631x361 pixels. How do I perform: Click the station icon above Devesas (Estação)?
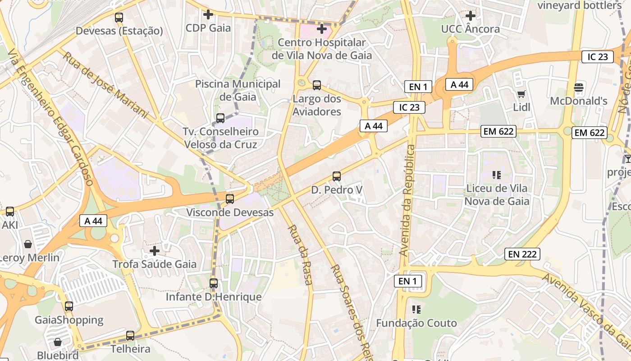pos(119,18)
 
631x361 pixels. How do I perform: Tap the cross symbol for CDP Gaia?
pos(208,14)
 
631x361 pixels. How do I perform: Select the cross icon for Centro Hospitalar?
pos(321,29)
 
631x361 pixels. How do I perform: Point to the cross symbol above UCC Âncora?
pos(470,15)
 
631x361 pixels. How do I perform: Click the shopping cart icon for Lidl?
pos(521,94)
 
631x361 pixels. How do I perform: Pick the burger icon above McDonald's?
pos(579,87)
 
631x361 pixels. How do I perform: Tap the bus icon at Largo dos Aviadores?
pos(317,85)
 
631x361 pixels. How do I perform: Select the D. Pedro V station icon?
pos(337,176)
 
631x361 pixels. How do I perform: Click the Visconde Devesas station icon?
pos(230,199)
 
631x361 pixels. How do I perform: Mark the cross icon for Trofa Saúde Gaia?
pos(155,250)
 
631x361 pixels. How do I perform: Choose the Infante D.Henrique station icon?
pos(214,283)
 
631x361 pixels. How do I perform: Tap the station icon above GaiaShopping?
pos(69,306)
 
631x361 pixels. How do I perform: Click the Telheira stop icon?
pos(130,335)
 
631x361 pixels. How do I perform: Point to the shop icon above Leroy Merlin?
pos(28,244)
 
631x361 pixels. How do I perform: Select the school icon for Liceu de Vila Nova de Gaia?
pos(497,175)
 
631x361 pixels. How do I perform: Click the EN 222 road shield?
pos(522,254)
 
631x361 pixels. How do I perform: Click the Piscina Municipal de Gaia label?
pos(238,90)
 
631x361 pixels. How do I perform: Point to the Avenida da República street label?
pos(407,201)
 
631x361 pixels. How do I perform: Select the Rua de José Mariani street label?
pos(105,84)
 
